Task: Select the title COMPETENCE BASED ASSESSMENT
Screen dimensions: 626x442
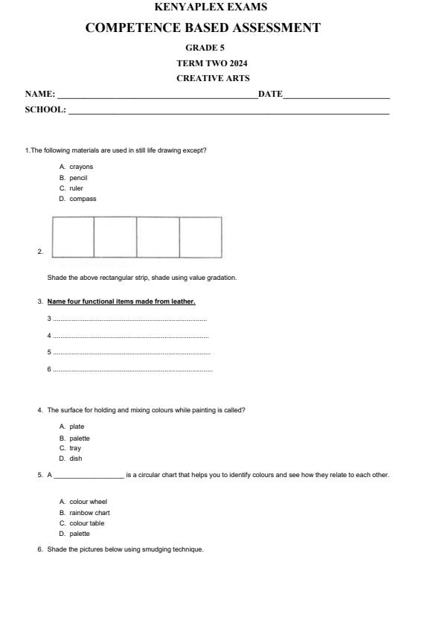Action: click(x=203, y=28)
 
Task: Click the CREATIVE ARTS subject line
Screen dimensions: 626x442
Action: click(x=213, y=77)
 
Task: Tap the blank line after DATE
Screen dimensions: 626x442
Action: click(x=336, y=96)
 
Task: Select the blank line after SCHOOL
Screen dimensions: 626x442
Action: click(x=228, y=112)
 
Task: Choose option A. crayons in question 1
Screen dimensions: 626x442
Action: click(x=77, y=167)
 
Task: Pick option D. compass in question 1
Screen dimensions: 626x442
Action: click(x=78, y=199)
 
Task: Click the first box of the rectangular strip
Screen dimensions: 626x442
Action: click(x=73, y=237)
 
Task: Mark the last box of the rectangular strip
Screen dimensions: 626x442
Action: click(x=200, y=237)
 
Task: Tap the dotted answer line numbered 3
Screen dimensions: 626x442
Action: click(x=130, y=319)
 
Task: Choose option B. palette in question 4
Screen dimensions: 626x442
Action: click(x=75, y=438)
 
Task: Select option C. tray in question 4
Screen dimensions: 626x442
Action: click(x=71, y=448)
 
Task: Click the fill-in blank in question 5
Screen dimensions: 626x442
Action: click(x=89, y=476)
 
